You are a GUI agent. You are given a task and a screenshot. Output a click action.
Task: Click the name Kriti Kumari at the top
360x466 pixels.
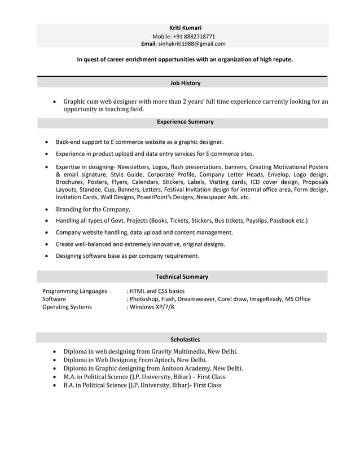(185, 28)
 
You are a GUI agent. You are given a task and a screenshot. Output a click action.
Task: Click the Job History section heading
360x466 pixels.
(185, 83)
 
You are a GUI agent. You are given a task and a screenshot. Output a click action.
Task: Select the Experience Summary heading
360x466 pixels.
(185, 121)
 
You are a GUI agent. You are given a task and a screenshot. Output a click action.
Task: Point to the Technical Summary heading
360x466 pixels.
(182, 276)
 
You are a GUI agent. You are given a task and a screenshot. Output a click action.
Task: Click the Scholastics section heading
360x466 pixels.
(185, 340)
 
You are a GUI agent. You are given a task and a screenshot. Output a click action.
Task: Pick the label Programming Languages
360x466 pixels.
(74, 291)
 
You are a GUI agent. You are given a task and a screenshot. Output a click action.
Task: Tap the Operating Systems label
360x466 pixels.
(67, 307)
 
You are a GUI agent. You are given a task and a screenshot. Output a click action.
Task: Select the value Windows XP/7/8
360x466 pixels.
(151, 307)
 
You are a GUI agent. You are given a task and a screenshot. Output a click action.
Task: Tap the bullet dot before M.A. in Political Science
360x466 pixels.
(54, 377)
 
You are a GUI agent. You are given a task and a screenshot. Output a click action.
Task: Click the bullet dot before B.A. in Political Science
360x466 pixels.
(54, 385)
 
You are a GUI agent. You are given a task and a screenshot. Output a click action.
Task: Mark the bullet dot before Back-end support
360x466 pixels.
(46, 142)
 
